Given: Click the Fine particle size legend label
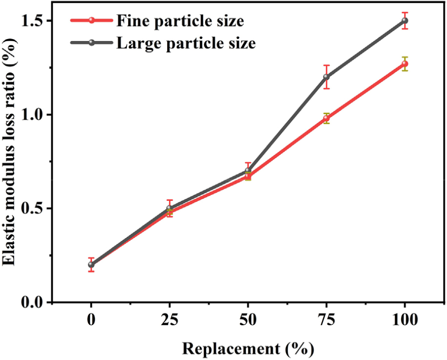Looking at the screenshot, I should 180,21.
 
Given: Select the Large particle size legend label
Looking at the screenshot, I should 186,43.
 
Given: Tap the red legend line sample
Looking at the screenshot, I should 91,21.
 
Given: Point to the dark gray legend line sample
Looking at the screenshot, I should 91,43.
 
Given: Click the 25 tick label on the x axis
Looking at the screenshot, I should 170,321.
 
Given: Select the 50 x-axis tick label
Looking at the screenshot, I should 248,321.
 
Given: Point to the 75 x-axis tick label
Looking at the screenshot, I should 326,321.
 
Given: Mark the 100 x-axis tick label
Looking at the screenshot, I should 404,321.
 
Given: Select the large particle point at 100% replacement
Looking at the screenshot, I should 404,21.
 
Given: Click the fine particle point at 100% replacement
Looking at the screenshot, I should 404,64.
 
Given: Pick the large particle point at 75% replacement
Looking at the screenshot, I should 326,77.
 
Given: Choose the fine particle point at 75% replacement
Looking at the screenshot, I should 326,118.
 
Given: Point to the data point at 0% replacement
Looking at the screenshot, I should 91,265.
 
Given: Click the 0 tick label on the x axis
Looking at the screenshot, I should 91,321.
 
